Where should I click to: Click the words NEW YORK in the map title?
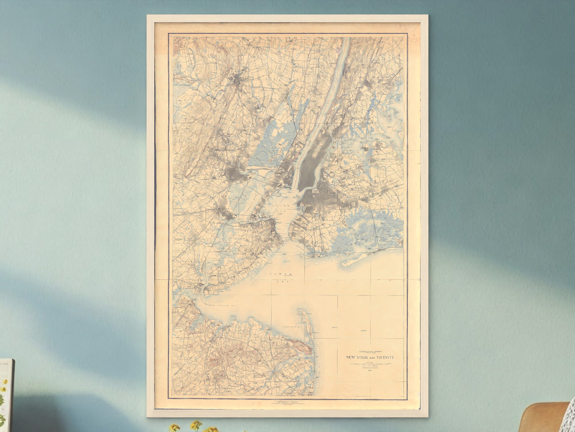(x=355, y=357)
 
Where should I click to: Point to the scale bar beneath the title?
(x=370, y=365)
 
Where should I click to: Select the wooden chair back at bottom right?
(x=545, y=418)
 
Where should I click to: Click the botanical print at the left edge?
(x=6, y=395)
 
